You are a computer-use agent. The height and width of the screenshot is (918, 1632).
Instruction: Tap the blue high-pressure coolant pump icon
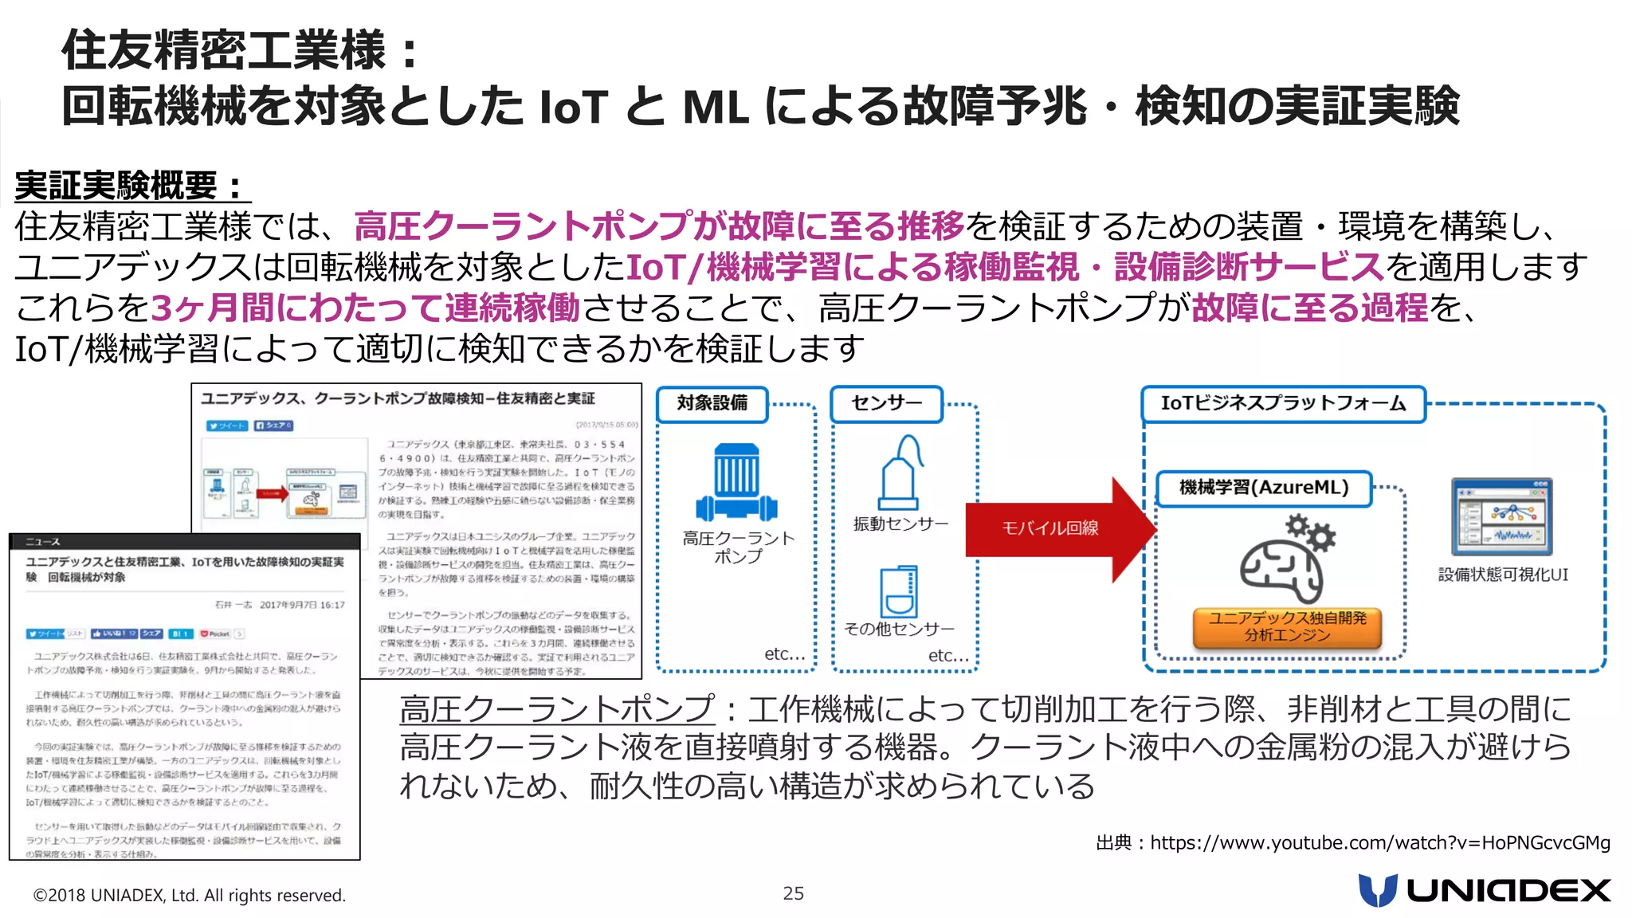pos(736,482)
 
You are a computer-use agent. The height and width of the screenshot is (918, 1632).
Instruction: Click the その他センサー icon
pos(899,591)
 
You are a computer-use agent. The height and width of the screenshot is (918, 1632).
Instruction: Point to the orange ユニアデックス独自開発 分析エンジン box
pos(1287,626)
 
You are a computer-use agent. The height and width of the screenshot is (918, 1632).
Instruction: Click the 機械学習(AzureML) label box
pos(1264,488)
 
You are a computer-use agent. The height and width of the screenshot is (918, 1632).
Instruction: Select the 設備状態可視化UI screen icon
pos(1502,517)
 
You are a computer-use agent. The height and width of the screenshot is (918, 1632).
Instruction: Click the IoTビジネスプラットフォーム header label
pos(1283,403)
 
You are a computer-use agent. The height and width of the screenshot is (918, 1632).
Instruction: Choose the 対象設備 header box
pos(712,403)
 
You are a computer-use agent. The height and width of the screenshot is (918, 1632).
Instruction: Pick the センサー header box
pos(886,403)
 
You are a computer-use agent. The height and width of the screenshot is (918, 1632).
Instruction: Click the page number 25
pos(793,893)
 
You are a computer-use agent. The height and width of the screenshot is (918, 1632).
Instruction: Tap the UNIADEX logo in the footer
pos(1485,890)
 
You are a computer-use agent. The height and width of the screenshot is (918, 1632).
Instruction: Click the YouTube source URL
pos(1379,842)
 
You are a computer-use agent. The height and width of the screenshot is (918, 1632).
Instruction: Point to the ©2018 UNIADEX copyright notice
pos(190,895)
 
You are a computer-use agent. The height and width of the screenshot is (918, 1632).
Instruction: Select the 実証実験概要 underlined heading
pos(131,186)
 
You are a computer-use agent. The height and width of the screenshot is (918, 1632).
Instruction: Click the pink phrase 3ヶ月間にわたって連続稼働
pos(365,308)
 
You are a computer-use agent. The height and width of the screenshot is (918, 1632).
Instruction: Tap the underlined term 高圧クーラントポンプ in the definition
pos(557,708)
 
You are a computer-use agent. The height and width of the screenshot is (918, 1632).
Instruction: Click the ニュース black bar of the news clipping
pos(184,542)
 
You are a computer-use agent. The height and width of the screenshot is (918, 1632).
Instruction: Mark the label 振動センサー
pos(900,524)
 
